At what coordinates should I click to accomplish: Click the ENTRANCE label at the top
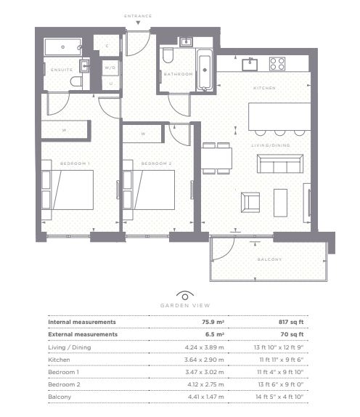pos(138,16)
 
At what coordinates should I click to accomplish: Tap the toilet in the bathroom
pos(168,55)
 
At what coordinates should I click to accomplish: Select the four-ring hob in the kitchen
pos(277,64)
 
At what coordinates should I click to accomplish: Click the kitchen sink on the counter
pos(250,65)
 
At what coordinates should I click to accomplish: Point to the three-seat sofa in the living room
pos(280,163)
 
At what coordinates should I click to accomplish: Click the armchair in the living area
pos(250,203)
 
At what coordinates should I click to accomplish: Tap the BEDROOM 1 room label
pos(75,163)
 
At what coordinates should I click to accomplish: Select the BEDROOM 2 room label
pos(156,163)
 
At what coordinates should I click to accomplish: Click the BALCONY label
pos(269,259)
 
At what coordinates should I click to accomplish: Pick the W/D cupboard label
pos(110,68)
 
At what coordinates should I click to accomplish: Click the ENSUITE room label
pos(62,70)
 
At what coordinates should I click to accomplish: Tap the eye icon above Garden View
pos(185,296)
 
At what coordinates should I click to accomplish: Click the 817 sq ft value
pos(291,322)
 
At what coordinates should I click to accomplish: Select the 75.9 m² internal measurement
pos(213,322)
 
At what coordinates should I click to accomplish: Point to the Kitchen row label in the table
pos(59,360)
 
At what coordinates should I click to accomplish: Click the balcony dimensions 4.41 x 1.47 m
pos(206,397)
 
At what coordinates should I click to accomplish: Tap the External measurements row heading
pos(83,334)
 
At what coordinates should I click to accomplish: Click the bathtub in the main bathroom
pos(205,70)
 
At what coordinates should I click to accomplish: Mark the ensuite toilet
pos(76,81)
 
